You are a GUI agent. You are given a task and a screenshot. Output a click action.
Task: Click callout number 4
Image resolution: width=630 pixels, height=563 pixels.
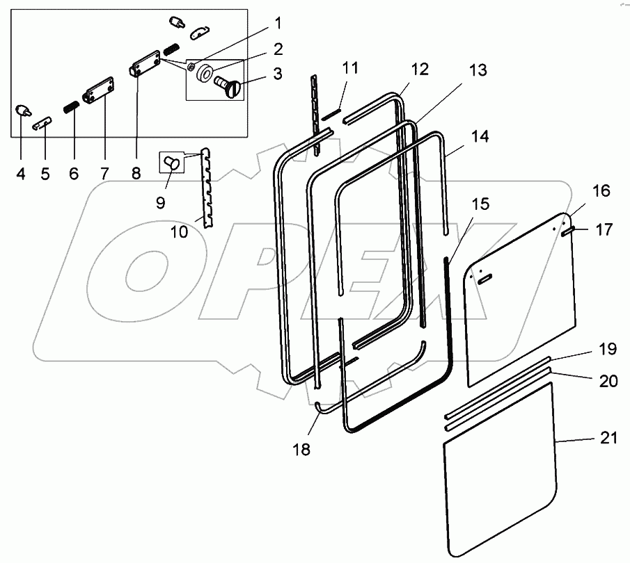20,174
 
